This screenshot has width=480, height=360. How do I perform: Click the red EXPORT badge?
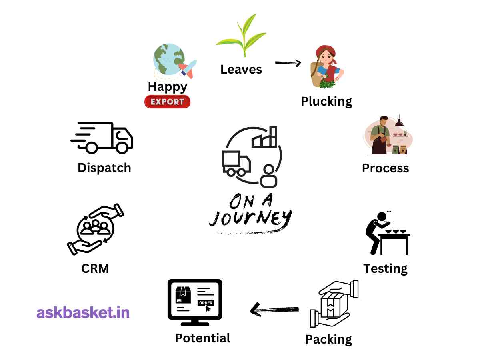pos(167,102)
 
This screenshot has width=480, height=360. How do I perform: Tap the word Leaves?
pos(241,69)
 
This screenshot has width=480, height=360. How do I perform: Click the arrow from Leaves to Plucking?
pos(288,62)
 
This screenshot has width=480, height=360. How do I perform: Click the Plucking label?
pos(326,101)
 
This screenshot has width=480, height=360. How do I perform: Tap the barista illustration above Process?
pos(386,136)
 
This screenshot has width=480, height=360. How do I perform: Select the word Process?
pos(385,168)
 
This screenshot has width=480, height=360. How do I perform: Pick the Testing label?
pos(385,268)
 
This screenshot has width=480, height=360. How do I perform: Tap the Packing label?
pos(328,339)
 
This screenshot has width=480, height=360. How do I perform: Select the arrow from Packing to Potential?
pos(274,309)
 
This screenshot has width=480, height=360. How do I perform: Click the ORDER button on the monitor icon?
pos(206,303)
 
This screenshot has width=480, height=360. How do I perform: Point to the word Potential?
pos(202,338)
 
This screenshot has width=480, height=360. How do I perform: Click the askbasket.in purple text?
pos(83,312)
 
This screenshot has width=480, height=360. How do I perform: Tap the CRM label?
pos(95,268)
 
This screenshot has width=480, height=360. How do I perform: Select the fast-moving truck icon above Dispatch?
pos(102,138)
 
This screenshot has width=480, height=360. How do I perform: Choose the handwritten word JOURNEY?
pos(250,218)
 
